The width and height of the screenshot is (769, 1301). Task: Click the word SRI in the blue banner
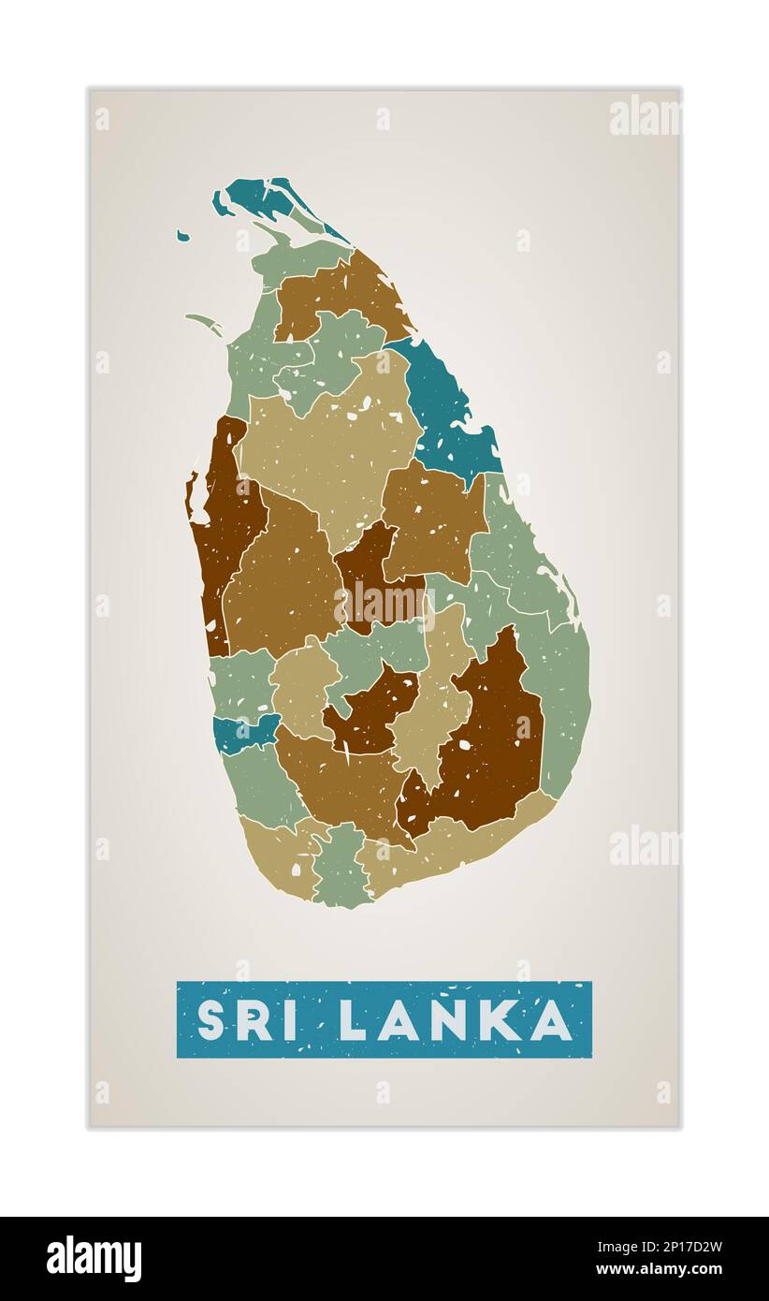(247, 1020)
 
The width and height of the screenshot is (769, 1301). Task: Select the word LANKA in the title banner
(456, 1020)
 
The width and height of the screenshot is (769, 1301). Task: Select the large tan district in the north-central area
(327, 440)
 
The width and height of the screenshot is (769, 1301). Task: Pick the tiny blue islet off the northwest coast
(182, 236)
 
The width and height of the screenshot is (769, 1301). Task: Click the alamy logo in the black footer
(94, 1258)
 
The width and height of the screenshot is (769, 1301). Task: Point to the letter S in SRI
(210, 1020)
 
